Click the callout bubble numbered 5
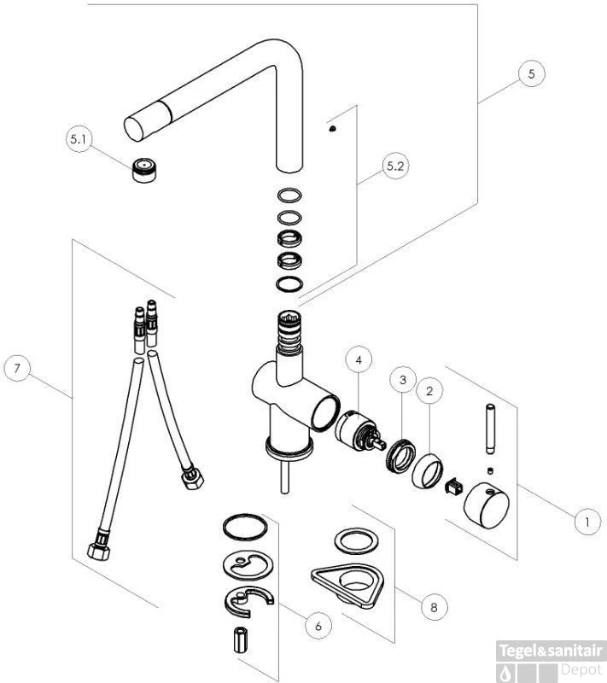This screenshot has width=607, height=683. pyautogui.click(x=531, y=73)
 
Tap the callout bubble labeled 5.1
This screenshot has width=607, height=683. pyautogui.click(x=79, y=139)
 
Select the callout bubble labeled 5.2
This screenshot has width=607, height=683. pyautogui.click(x=395, y=166)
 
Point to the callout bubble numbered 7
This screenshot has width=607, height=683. pyautogui.click(x=17, y=369)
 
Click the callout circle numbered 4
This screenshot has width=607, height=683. pyautogui.click(x=359, y=360)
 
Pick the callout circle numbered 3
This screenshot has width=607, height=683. pyautogui.click(x=403, y=380)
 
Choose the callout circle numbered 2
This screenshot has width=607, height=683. pyautogui.click(x=429, y=391)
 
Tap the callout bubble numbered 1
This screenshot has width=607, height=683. pyautogui.click(x=587, y=522)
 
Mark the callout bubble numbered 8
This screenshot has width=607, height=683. pyautogui.click(x=434, y=607)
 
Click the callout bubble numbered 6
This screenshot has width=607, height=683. pyautogui.click(x=318, y=626)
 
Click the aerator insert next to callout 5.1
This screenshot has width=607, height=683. pyautogui.click(x=143, y=170)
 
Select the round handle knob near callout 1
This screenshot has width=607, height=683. pyautogui.click(x=486, y=505)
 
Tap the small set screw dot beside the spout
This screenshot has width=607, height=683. pyautogui.click(x=333, y=129)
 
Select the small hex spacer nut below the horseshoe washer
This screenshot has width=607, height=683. pyautogui.click(x=241, y=639)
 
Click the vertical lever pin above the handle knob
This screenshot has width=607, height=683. pyautogui.click(x=490, y=429)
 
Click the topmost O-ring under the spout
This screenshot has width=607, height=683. pyautogui.click(x=289, y=195)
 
